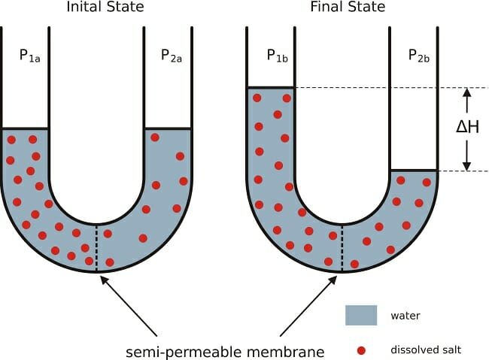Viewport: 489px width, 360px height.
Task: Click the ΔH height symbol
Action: coord(467,127)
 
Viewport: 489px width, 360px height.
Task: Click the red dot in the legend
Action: coord(361,349)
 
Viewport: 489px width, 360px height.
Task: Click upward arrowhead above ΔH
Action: coord(467,93)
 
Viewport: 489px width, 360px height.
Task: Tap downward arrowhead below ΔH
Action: coord(467,165)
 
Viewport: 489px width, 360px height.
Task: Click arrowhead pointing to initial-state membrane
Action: coord(102,275)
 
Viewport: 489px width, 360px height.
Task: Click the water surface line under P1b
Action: coord(270,88)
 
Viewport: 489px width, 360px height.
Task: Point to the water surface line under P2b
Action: coord(413,171)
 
